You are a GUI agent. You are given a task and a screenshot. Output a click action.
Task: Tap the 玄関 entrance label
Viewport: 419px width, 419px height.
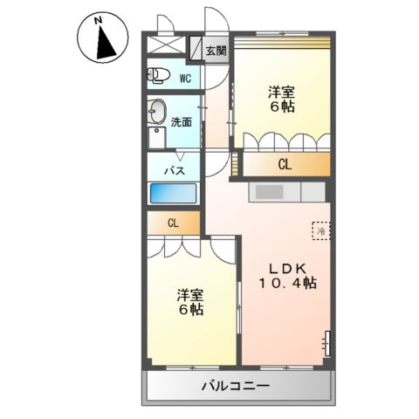(x=216, y=52)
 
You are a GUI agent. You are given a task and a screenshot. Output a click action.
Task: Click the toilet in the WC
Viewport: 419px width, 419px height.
(x=158, y=76)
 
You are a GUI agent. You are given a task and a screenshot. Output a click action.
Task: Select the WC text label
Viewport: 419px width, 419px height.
(x=185, y=78)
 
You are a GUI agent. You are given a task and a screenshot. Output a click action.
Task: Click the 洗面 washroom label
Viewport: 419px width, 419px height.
(x=180, y=122)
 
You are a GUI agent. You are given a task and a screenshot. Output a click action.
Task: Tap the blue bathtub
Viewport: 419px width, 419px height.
(x=175, y=193)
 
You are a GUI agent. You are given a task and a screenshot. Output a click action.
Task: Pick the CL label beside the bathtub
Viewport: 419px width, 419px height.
(x=173, y=223)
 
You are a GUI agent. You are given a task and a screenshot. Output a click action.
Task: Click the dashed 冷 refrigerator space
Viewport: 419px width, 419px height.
(x=320, y=230)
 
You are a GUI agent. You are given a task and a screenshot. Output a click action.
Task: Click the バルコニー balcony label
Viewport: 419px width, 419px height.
(x=235, y=385)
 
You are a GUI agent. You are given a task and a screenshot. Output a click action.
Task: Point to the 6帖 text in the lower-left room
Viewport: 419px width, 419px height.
(x=191, y=310)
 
